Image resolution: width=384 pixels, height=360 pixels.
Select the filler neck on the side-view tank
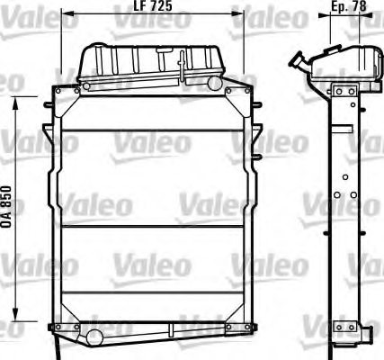coord(297,61)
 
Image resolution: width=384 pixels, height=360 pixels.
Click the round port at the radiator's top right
coord(214,84)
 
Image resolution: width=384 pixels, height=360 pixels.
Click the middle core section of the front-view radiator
coord(150,189)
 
